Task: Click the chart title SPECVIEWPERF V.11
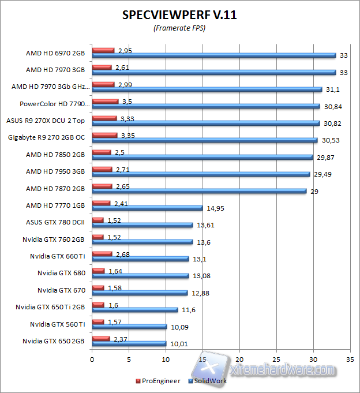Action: pos(179,15)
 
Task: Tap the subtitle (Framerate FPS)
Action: pos(179,28)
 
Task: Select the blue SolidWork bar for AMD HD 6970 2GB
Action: pos(214,55)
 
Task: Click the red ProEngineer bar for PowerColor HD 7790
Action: pos(105,101)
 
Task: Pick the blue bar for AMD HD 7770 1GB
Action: pos(147,208)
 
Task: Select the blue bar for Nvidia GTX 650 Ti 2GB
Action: pos(135,310)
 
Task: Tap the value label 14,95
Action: pos(215,208)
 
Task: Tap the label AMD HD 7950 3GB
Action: pos(55,171)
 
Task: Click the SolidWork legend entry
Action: pos(208,381)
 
